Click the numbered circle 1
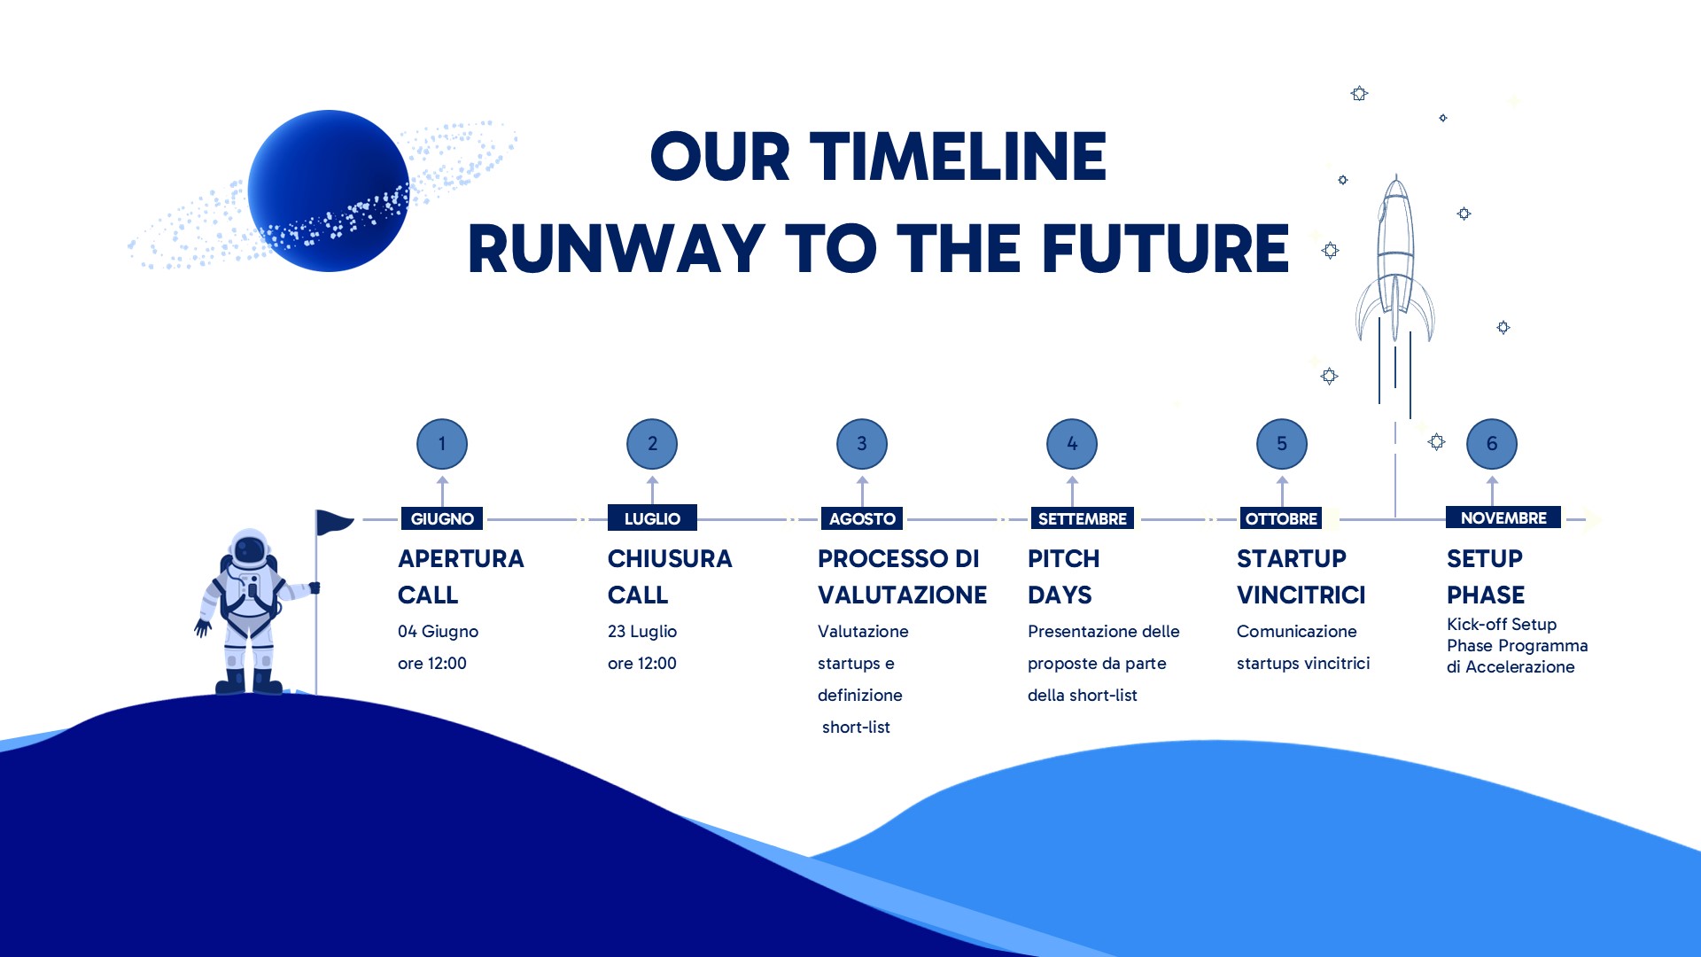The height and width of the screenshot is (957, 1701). tap(442, 444)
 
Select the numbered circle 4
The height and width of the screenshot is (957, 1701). tap(1072, 444)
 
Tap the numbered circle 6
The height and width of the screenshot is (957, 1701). tap(1492, 444)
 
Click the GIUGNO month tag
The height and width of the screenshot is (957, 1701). tap(442, 518)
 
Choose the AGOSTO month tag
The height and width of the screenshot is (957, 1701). tap(862, 518)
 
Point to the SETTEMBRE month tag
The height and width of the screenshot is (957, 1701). tap(1083, 518)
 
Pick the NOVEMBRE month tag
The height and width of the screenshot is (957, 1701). tap(1503, 517)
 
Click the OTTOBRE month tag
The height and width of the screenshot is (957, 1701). tap(1281, 518)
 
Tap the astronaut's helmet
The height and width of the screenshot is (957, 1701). tap(249, 550)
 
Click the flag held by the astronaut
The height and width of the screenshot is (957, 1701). tap(334, 522)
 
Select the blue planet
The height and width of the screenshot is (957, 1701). tap(329, 191)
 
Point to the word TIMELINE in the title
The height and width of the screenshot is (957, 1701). tap(958, 157)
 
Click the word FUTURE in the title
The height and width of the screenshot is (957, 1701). tap(1165, 248)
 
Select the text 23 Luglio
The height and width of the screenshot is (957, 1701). tap(642, 631)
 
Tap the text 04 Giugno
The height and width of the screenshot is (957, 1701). tap(438, 631)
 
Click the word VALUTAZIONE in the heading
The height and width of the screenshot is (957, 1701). tap(902, 595)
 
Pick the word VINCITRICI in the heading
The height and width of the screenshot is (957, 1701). tap(1301, 595)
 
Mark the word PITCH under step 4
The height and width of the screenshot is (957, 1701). tap(1063, 558)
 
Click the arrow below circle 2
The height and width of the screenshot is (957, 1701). tap(652, 490)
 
